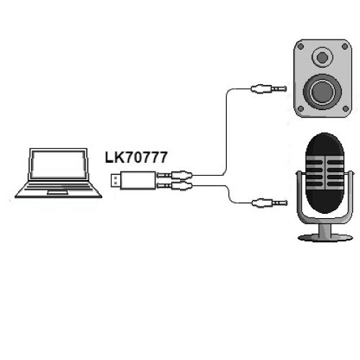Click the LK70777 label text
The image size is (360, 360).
136,158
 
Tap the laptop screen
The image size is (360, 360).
58,164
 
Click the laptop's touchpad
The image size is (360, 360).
58,192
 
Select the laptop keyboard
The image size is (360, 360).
58,186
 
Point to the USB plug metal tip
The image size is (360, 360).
116,180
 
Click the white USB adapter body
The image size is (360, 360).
138,180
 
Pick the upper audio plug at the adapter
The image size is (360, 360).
174,175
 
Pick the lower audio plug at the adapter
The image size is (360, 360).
174,185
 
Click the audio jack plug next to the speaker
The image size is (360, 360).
269,89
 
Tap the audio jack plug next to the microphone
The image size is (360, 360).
269,203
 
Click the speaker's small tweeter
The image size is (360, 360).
323,58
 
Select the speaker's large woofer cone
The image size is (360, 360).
323,92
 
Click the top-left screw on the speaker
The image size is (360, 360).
300,46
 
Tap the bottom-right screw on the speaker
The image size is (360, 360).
346,109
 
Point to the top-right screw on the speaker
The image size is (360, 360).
345,46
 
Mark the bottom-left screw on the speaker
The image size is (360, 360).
300,109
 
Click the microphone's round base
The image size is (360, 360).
325,238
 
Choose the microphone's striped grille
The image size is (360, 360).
325,172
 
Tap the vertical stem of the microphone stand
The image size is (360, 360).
325,230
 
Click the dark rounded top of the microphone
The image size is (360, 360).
325,144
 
